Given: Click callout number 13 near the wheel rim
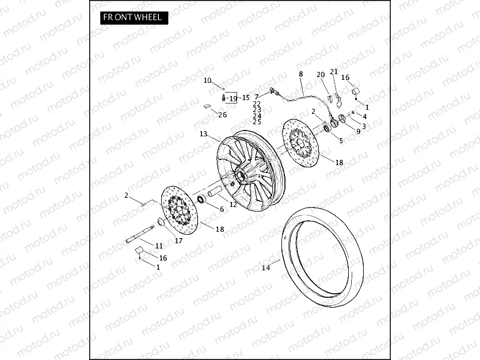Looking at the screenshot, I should (203, 134).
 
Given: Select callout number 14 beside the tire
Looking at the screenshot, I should (265, 267).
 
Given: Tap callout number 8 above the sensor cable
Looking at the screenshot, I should (300, 74).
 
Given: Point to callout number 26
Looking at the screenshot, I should (222, 115).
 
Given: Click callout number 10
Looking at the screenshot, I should (208, 81).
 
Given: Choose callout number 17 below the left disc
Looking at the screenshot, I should (178, 240).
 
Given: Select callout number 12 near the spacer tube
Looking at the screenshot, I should (233, 204).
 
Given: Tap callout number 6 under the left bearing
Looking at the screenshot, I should (222, 209).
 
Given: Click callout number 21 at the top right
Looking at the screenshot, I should (334, 71).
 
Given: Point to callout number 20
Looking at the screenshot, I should (321, 75).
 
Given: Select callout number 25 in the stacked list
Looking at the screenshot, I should (257, 122).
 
